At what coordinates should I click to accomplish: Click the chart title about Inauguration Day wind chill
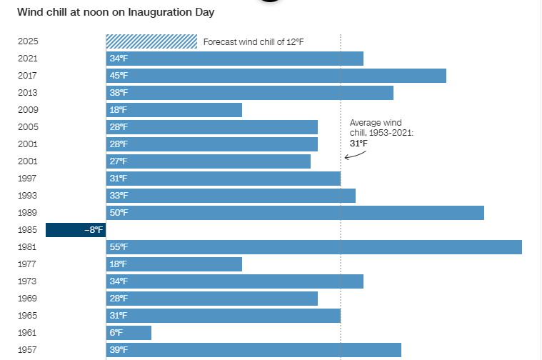(116, 12)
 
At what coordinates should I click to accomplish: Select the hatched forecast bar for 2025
(151, 41)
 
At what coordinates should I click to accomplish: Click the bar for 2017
(276, 76)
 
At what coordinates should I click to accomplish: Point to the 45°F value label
(119, 76)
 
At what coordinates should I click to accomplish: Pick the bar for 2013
(250, 93)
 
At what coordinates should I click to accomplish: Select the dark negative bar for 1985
(76, 230)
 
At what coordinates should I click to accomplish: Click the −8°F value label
(94, 230)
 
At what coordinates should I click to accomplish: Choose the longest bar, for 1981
(314, 247)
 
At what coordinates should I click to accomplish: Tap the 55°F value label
(119, 247)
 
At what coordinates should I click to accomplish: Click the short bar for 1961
(129, 333)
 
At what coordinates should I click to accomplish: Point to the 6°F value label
(116, 333)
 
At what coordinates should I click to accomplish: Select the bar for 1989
(295, 213)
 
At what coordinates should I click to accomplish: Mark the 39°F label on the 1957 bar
(119, 350)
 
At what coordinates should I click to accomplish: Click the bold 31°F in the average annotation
(358, 144)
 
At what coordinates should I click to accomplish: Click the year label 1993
(27, 196)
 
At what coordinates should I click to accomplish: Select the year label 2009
(27, 110)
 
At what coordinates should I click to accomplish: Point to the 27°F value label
(119, 161)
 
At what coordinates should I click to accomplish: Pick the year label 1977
(27, 264)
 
